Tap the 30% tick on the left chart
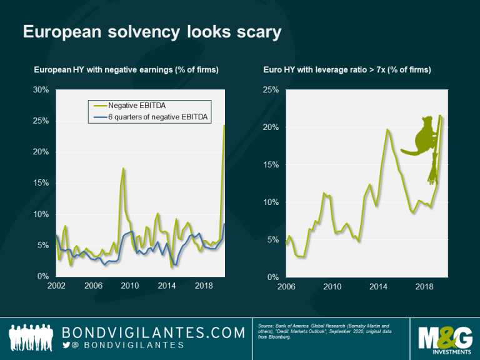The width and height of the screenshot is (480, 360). (41, 89)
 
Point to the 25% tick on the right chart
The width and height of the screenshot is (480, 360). (269, 89)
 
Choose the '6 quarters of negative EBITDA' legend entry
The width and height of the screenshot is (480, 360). (156, 117)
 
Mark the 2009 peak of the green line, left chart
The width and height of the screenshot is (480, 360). (123, 169)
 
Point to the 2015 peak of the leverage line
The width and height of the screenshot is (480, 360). (387, 129)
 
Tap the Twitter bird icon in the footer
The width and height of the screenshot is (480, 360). (67, 345)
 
